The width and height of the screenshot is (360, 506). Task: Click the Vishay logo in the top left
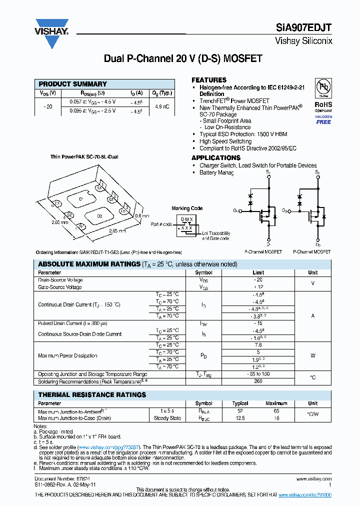(x=51, y=33)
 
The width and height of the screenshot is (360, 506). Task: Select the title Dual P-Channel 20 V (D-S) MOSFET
(x=183, y=58)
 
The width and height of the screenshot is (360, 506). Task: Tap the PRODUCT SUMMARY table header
(x=73, y=84)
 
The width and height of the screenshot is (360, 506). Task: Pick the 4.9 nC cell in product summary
(x=162, y=106)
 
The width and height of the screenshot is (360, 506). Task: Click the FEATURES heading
(x=209, y=80)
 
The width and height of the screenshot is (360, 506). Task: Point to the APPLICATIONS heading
(x=216, y=157)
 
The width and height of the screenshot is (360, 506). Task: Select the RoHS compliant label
(x=323, y=106)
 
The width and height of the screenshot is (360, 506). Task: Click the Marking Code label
(x=187, y=208)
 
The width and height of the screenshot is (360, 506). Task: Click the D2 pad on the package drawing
(x=99, y=216)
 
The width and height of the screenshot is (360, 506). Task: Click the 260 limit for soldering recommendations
(x=258, y=381)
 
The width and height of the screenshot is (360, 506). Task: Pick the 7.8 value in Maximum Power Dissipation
(x=258, y=345)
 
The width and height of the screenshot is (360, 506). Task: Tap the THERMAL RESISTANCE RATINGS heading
(x=92, y=395)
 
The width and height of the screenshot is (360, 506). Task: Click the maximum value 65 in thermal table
(x=276, y=411)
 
